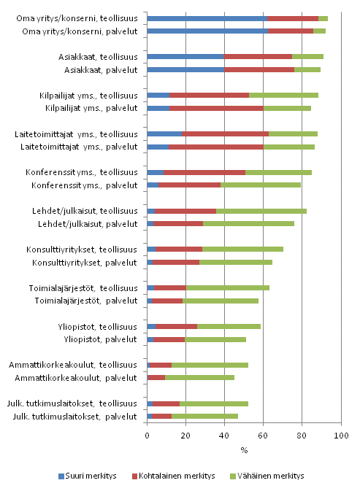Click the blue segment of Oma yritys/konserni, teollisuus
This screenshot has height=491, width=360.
click(x=207, y=18)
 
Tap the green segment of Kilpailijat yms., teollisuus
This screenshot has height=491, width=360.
click(x=283, y=95)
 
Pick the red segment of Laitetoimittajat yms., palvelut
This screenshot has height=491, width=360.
click(x=216, y=147)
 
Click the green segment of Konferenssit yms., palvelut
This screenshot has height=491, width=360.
click(x=260, y=185)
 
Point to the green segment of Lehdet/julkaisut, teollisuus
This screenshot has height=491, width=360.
click(x=261, y=211)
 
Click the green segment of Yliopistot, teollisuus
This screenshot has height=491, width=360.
click(x=229, y=326)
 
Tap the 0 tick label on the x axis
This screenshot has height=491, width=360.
click(x=148, y=436)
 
